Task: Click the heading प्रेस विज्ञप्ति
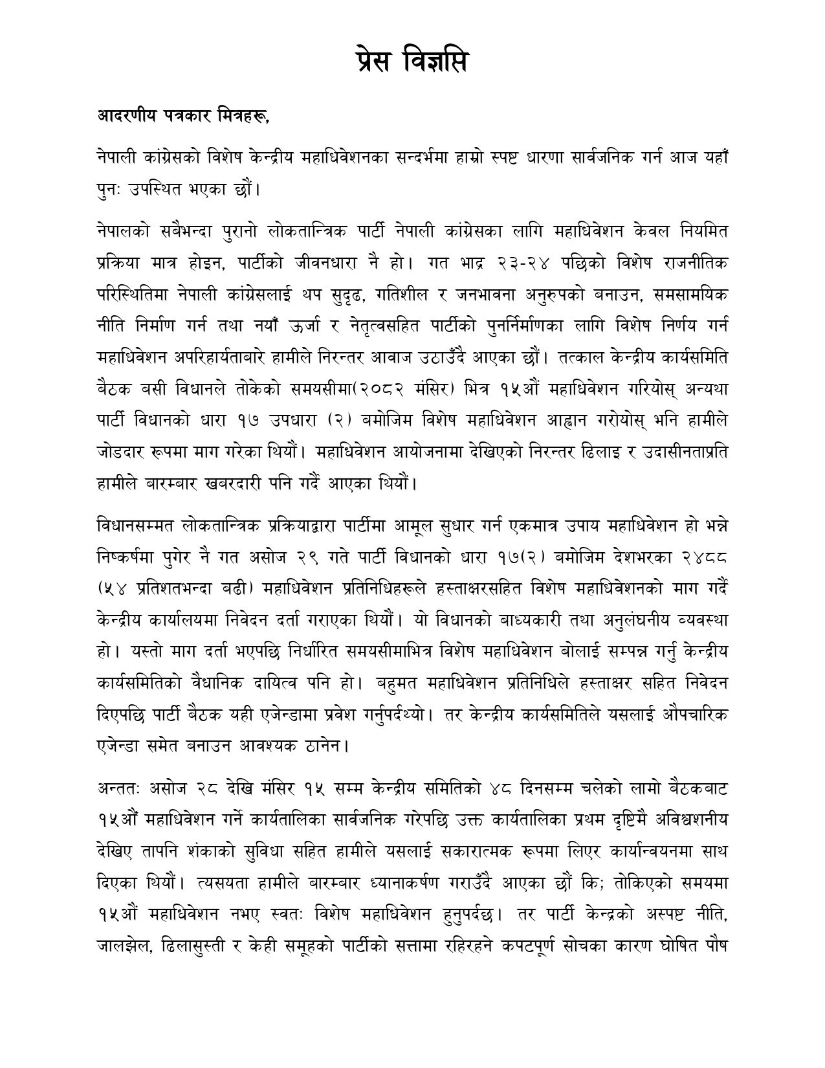(412, 62)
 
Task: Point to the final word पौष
(716, 947)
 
